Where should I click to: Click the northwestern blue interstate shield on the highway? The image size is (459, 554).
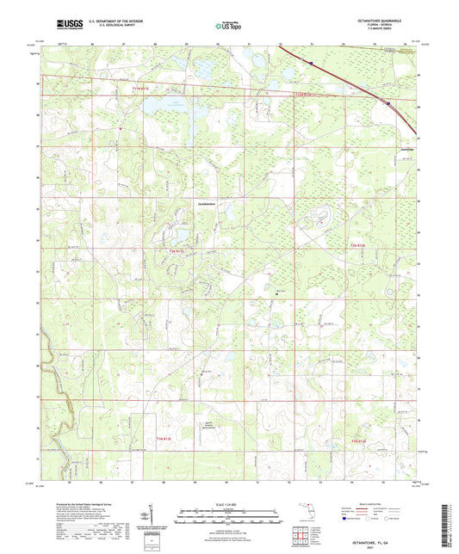(307, 61)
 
